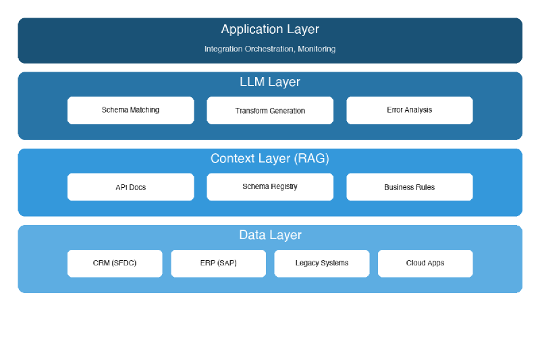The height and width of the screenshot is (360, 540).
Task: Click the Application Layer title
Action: point(270,29)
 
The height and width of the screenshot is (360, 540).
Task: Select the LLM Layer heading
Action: point(270,82)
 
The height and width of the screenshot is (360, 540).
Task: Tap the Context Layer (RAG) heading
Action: point(270,159)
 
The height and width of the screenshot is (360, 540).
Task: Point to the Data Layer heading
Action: point(270,235)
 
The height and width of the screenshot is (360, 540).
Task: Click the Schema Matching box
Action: point(130,110)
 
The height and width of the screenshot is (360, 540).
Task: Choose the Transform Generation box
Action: point(270,110)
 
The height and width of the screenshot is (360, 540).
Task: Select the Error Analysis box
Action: point(409,110)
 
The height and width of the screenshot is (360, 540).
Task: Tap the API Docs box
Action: point(130,187)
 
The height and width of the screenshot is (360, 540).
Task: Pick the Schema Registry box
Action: point(270,187)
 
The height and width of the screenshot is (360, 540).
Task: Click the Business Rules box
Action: point(409,187)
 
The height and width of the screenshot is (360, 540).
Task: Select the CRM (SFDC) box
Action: point(115,263)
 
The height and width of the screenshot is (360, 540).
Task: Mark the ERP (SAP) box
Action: point(218,263)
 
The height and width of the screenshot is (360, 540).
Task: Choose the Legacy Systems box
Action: point(321,263)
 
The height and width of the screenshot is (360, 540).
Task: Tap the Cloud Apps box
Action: point(425,263)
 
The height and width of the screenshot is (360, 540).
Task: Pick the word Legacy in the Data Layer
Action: point(307,263)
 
